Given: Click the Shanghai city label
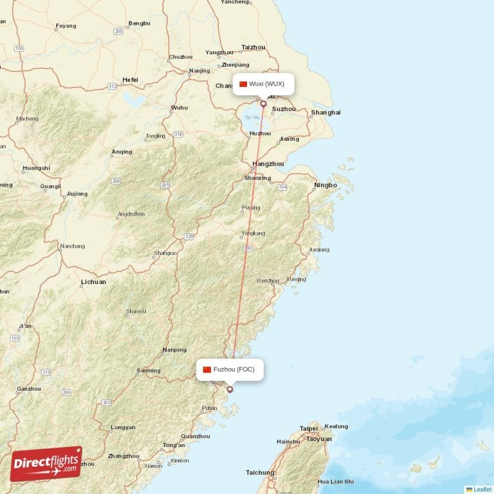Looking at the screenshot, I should (325, 112).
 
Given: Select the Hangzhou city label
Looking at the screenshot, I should (268, 164).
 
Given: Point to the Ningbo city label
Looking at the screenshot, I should (325, 185).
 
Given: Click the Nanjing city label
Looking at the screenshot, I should (199, 70).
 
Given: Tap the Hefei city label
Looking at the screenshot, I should (130, 80).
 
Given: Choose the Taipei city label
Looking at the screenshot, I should (308, 429).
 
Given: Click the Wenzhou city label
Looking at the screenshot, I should (267, 280).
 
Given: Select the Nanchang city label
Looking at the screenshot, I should (72, 246).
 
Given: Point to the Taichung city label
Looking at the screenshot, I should (260, 472).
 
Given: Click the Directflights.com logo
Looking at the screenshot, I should (46, 464).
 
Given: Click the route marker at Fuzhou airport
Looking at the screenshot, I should (230, 389).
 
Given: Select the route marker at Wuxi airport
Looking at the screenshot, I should (263, 104).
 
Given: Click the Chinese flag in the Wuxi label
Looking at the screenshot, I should (243, 84).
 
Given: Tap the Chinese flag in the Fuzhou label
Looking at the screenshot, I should (207, 370).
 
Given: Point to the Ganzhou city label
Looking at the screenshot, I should (29, 388).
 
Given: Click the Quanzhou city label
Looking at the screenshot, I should (195, 436).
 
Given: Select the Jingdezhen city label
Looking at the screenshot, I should (130, 214).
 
